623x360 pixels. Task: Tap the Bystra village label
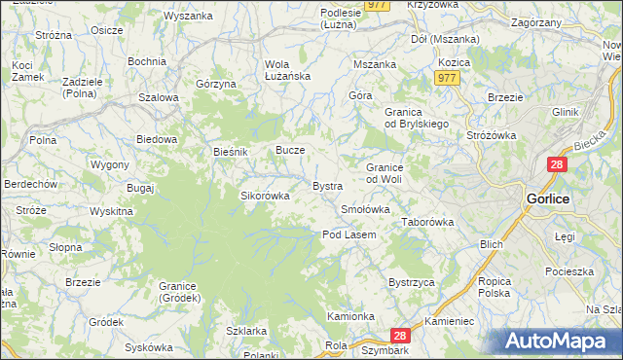326,186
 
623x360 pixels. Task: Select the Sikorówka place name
266,196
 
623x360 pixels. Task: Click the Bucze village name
291,151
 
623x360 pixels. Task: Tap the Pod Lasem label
349,234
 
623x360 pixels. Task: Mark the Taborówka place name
428,223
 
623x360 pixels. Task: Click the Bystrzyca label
410,282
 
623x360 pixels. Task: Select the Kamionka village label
350,317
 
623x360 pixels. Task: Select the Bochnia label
146,61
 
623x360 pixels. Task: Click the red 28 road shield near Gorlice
556,166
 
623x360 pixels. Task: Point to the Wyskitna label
111,211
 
